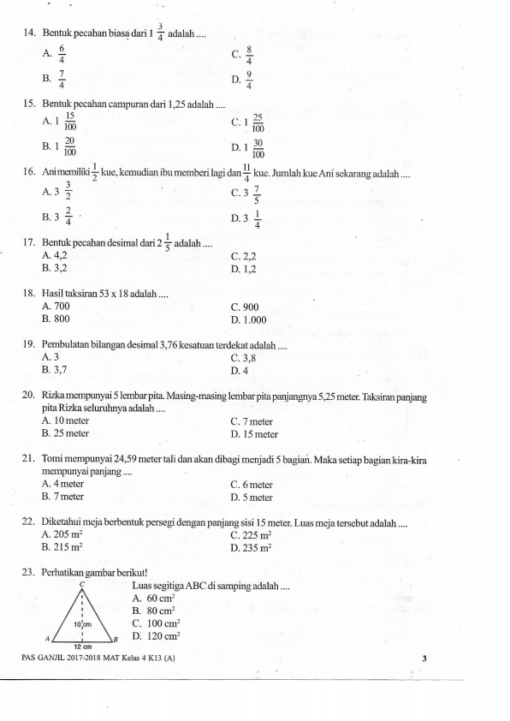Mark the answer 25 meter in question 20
(x=65, y=433)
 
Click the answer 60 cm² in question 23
(x=160, y=598)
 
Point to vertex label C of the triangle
(x=80, y=582)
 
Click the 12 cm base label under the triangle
(x=81, y=647)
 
